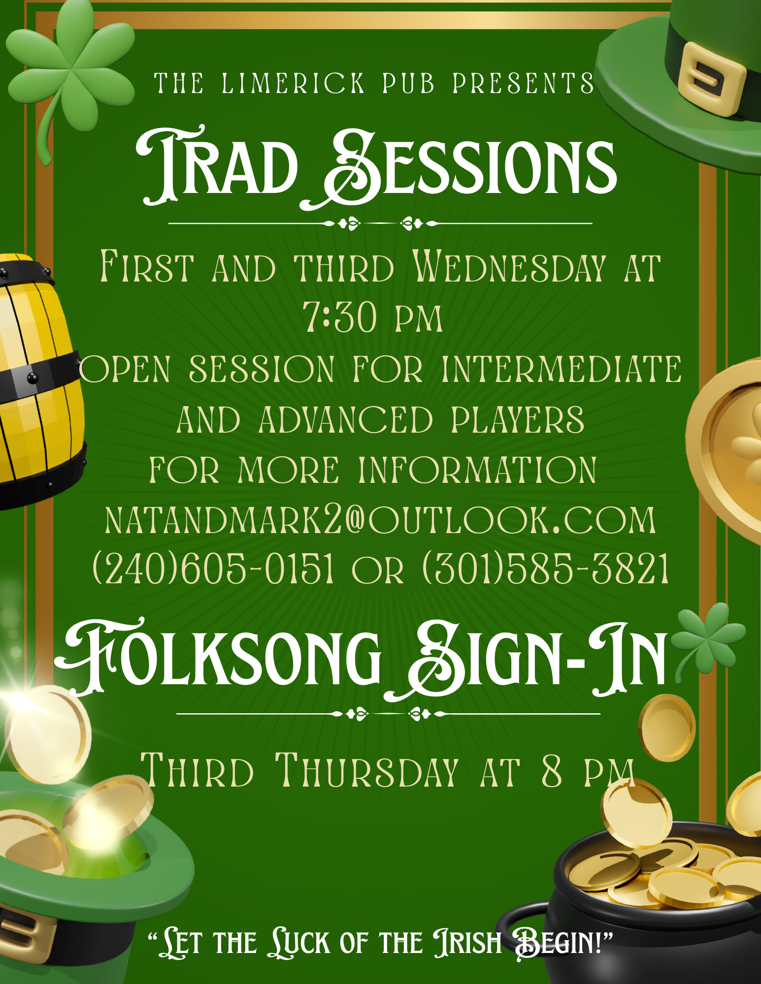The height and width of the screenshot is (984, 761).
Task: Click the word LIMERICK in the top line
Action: pos(293,83)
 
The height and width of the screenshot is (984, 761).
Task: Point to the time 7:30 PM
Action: pos(373,317)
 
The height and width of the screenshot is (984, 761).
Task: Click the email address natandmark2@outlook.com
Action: pos(380,520)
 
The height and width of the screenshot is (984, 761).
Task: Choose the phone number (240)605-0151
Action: pos(213,568)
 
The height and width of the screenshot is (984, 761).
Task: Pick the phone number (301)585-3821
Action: pos(546,568)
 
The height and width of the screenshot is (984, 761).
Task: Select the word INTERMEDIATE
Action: pos(562,369)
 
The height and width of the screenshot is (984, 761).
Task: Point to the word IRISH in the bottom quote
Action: pos(467,943)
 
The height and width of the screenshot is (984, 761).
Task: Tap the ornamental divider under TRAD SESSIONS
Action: pos(380,223)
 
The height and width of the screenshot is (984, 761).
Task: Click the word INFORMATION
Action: pos(477,470)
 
